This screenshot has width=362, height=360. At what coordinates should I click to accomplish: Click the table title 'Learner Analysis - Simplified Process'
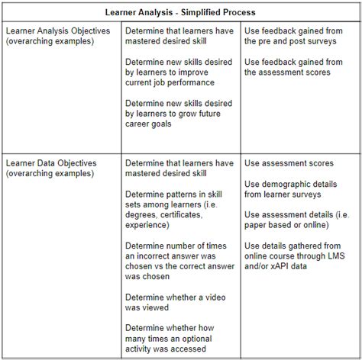point(179,13)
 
